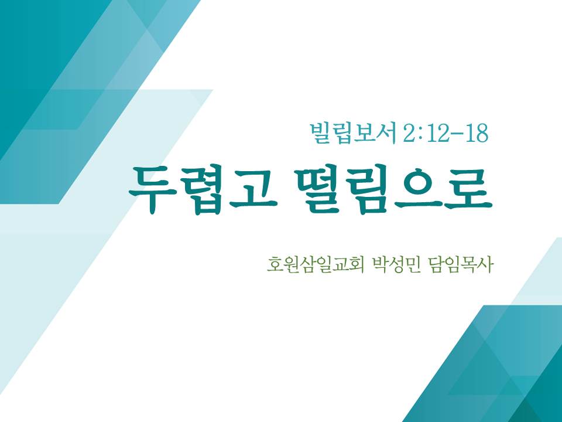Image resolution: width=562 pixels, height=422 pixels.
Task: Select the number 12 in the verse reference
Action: coord(436,134)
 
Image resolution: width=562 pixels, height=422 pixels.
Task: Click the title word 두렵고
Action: coord(203,190)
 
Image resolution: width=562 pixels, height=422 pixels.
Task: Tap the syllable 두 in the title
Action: coord(153,190)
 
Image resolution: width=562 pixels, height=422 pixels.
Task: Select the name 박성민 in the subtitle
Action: coord(397,265)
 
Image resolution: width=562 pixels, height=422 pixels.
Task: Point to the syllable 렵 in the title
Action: coord(203,190)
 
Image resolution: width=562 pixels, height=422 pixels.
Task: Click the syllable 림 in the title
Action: coord(368,190)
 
